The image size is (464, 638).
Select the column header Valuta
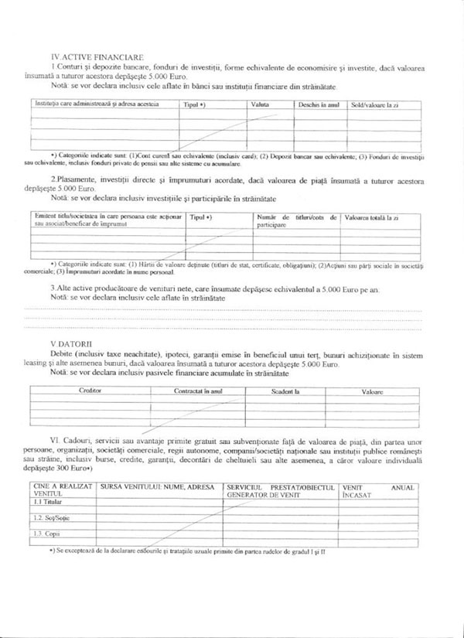click(260, 104)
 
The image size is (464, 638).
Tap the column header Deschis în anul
click(319, 104)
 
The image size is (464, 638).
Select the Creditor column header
click(90, 391)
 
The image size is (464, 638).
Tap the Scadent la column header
click(285, 391)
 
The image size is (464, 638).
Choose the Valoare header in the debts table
click(372, 391)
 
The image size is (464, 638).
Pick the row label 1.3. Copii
click(48, 534)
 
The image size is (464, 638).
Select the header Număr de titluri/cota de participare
click(296, 221)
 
